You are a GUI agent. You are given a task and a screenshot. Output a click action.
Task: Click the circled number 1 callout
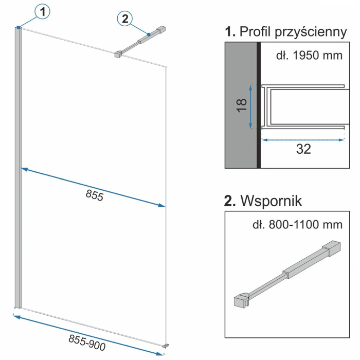[43, 11]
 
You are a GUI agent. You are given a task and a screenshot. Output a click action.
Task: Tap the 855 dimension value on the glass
[95, 195]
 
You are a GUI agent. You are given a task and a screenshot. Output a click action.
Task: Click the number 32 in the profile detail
[303, 149]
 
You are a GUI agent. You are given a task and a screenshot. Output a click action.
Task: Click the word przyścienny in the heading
[310, 32]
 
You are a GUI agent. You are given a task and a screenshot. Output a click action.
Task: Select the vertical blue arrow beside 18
[250, 107]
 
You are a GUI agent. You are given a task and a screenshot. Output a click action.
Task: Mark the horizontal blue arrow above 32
[302, 138]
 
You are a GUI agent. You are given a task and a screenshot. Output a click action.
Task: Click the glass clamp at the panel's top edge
[118, 53]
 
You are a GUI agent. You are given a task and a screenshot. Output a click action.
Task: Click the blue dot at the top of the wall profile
[19, 27]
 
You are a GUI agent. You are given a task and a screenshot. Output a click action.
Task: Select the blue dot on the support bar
[148, 35]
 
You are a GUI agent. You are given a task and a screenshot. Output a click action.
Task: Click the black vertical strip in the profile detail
[259, 105]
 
